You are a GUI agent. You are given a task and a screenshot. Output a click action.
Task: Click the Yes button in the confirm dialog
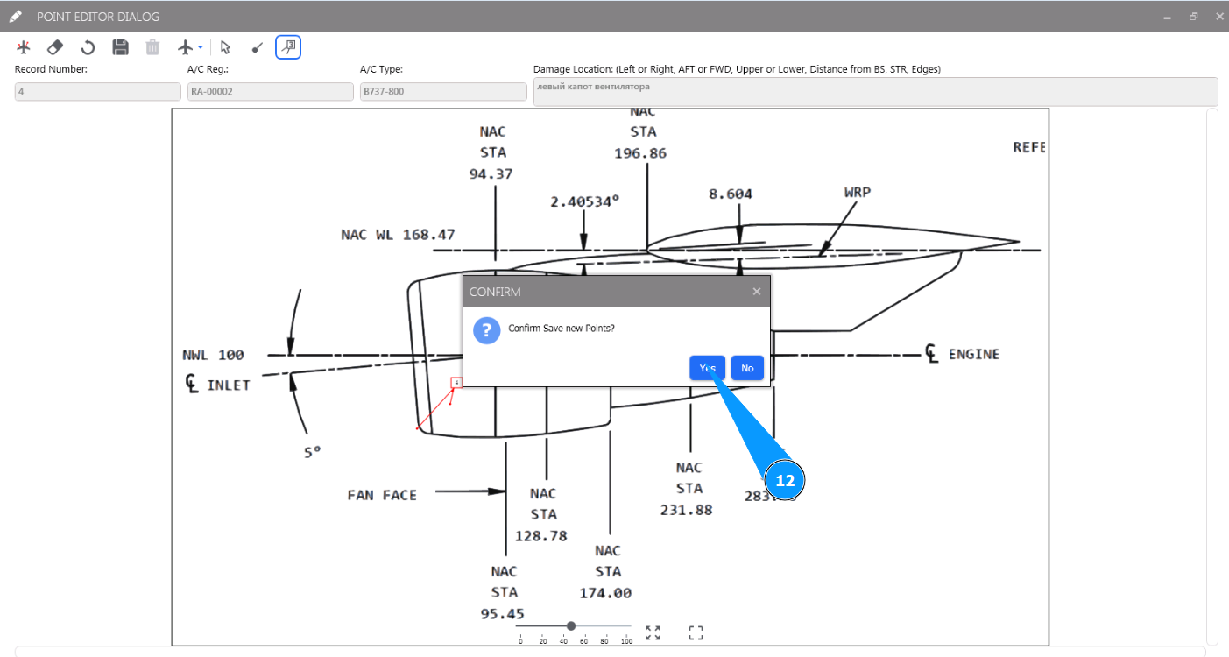(x=707, y=368)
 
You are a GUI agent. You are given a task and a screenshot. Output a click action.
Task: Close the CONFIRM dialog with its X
(x=757, y=292)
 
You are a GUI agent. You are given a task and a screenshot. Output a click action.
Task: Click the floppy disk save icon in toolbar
(x=121, y=47)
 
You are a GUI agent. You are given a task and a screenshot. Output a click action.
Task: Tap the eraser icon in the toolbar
(x=55, y=47)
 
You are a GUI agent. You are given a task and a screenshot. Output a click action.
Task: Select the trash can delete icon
(x=152, y=47)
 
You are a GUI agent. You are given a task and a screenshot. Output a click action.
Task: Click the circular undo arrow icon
(x=88, y=47)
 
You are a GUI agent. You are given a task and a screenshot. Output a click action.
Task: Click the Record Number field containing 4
(x=97, y=91)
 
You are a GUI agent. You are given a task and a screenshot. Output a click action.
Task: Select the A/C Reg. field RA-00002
(x=270, y=91)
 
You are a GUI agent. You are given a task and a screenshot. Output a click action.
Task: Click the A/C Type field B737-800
(x=442, y=91)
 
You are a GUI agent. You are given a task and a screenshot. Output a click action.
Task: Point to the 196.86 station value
(x=640, y=153)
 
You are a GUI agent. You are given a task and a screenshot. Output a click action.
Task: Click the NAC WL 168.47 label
(x=398, y=235)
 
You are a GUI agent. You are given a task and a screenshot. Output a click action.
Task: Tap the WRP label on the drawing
(x=857, y=192)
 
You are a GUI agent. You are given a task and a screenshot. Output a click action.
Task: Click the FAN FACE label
(x=382, y=495)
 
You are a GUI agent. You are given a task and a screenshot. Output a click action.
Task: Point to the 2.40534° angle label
(x=584, y=201)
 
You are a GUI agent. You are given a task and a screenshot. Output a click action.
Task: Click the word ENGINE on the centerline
(x=973, y=354)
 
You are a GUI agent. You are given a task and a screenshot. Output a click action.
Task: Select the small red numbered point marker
(x=456, y=383)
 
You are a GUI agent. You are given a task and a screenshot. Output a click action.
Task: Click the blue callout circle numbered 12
(x=785, y=481)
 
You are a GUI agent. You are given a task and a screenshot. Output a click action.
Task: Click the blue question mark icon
(x=486, y=330)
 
